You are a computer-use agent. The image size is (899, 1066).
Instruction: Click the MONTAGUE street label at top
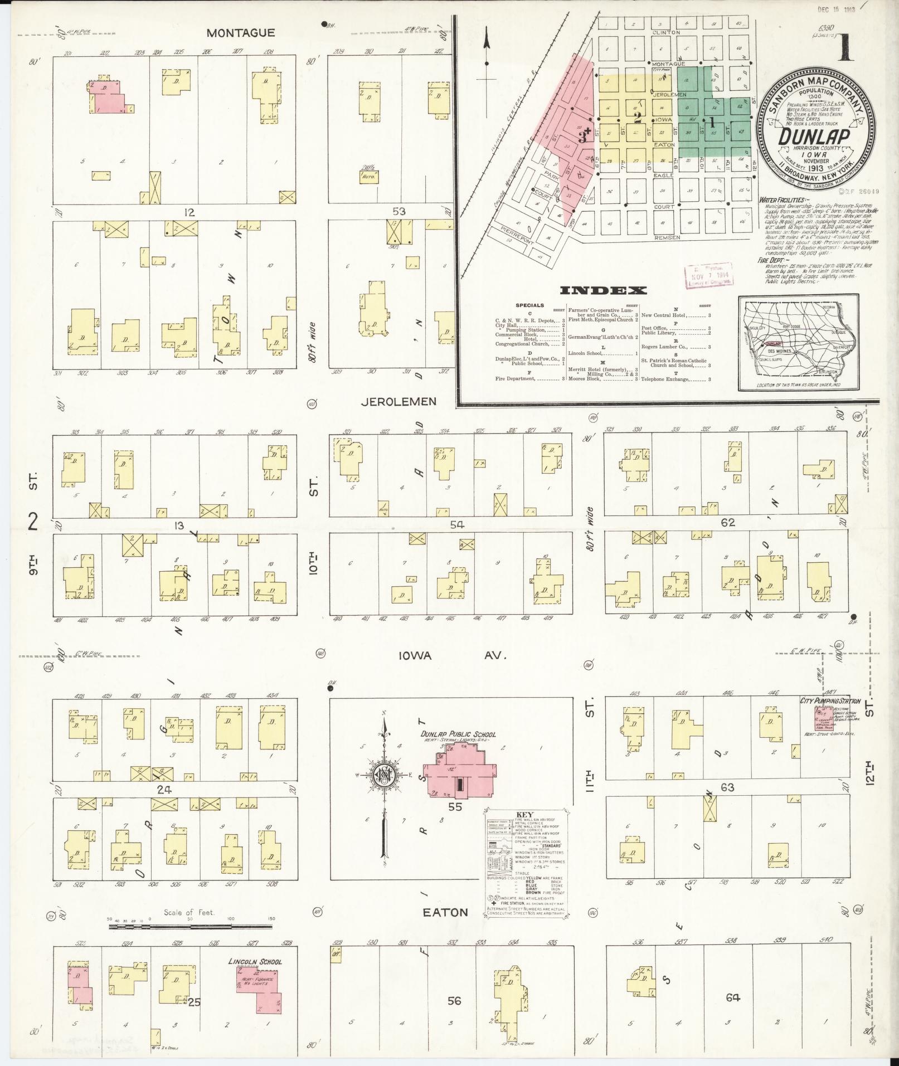coord(240,33)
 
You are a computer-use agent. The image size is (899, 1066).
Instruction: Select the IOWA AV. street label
coord(452,656)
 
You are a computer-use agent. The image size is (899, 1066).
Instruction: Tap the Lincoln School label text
coord(255,961)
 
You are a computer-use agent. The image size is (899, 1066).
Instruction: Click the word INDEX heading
coord(604,290)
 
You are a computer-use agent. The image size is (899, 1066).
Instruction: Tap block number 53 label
coord(399,211)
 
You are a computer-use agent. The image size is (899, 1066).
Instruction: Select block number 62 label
coord(728,523)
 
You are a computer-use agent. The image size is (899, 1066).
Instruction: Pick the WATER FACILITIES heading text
coord(781,199)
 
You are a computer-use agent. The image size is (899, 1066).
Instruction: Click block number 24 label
coord(163,789)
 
